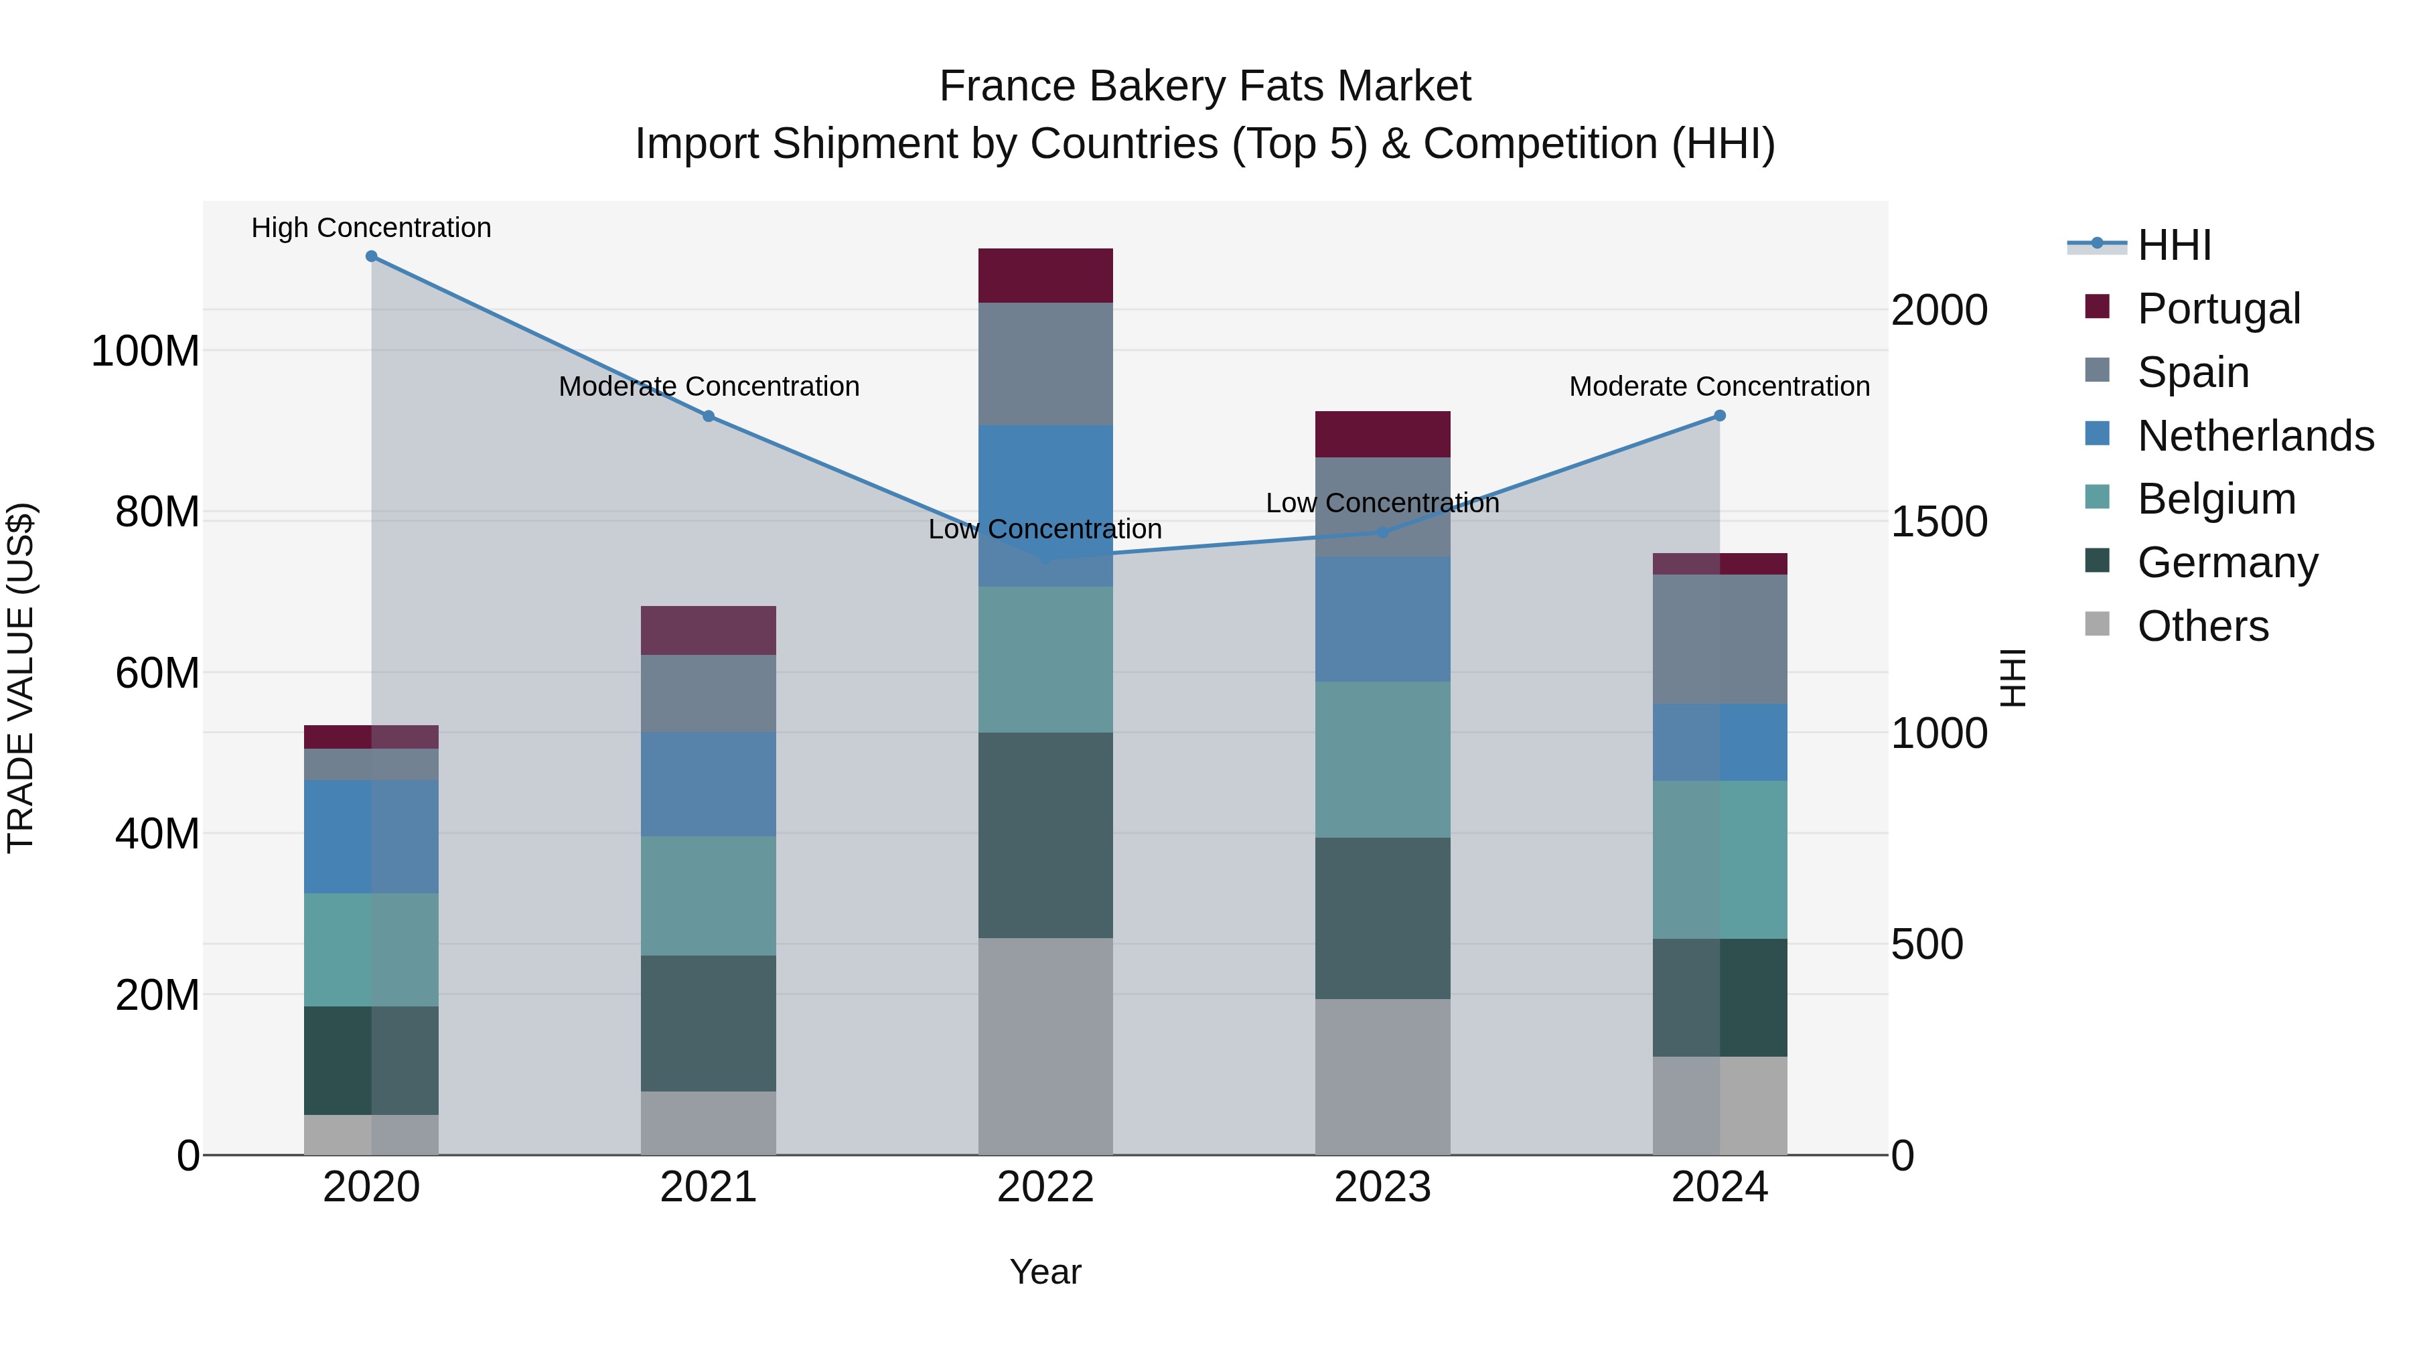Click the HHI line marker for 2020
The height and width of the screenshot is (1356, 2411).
[372, 256]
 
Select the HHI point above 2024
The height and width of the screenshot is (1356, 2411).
[1719, 415]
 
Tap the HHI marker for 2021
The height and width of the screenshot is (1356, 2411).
[709, 415]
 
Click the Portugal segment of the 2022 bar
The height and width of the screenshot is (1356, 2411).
[1045, 275]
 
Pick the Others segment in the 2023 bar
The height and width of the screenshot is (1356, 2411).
[1382, 1076]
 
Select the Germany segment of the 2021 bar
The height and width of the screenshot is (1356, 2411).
[709, 1023]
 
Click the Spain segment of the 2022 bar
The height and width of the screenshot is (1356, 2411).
[1045, 364]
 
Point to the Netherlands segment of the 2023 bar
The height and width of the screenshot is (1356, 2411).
[1382, 619]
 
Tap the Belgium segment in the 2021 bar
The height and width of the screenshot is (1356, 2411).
[709, 895]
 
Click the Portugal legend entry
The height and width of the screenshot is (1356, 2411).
[2218, 309]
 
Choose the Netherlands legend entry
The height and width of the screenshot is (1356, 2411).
[2255, 436]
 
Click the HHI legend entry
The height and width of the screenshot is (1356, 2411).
[2174, 245]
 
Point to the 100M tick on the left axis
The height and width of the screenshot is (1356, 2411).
[145, 352]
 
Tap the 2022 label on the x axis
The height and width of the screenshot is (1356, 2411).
[1045, 1187]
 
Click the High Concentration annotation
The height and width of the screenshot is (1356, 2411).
[372, 228]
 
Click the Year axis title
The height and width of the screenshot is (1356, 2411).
[1045, 1272]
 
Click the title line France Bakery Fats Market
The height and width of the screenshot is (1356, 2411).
[1205, 86]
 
